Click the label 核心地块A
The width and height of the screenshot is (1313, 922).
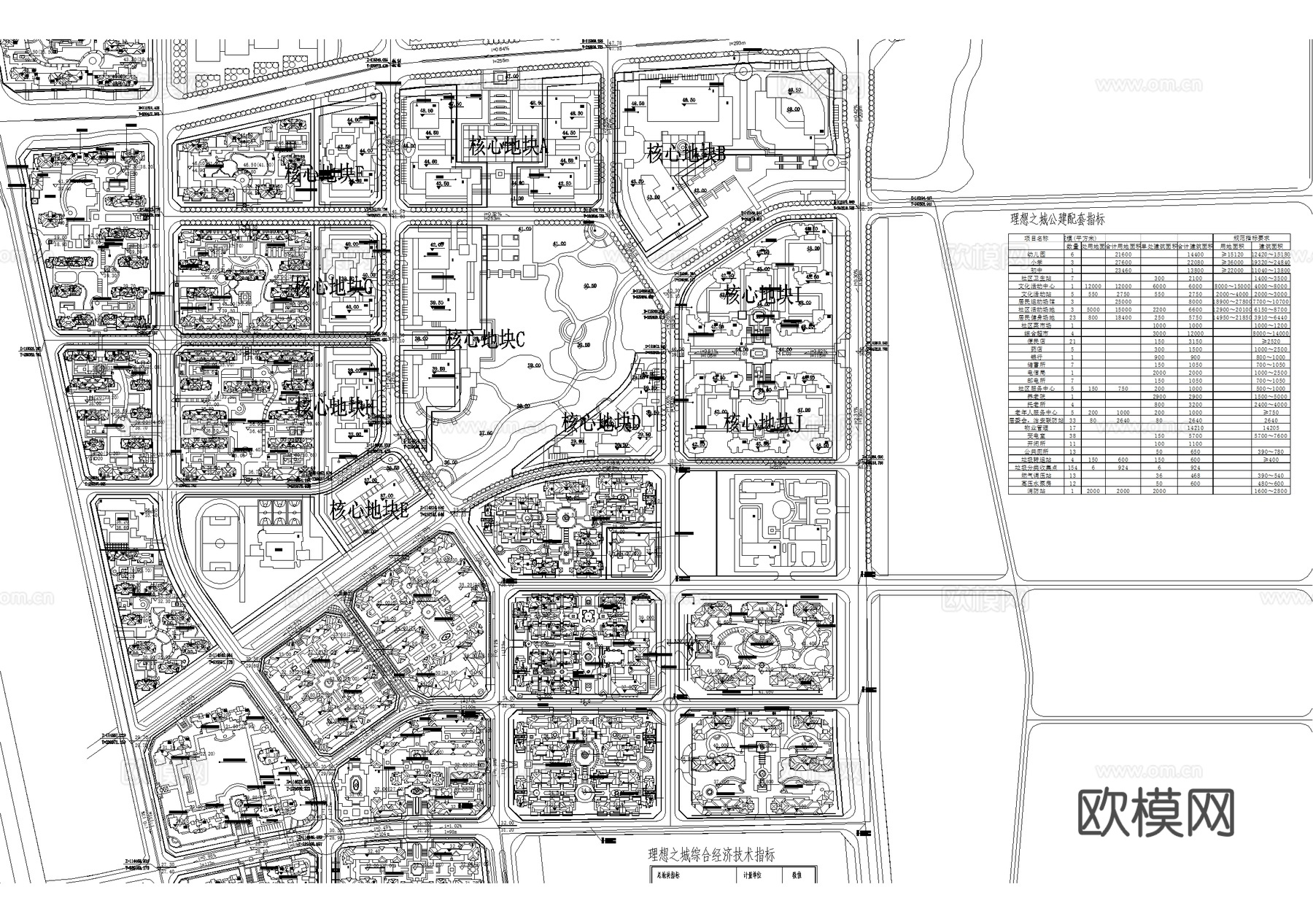point(508,148)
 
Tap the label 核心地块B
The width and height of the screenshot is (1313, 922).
point(686,154)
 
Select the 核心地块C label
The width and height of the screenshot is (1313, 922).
point(486,339)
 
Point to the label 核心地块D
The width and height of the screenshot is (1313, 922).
point(601,422)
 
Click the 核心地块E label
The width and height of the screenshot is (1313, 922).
point(368,511)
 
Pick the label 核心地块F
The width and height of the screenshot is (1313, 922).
point(330,174)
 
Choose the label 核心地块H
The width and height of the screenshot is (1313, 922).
point(335,406)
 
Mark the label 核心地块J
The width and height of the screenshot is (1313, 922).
point(763,423)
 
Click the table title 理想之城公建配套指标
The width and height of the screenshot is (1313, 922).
point(1057,219)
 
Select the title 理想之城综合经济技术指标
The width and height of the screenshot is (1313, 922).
point(712,855)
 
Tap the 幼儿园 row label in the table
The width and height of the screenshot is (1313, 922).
point(1037,254)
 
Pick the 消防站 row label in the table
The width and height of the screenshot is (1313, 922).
point(1037,491)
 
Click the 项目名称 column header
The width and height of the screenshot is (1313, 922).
point(1037,238)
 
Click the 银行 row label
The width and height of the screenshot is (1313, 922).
point(1037,357)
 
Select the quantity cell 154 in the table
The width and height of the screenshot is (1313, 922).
point(1072,468)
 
